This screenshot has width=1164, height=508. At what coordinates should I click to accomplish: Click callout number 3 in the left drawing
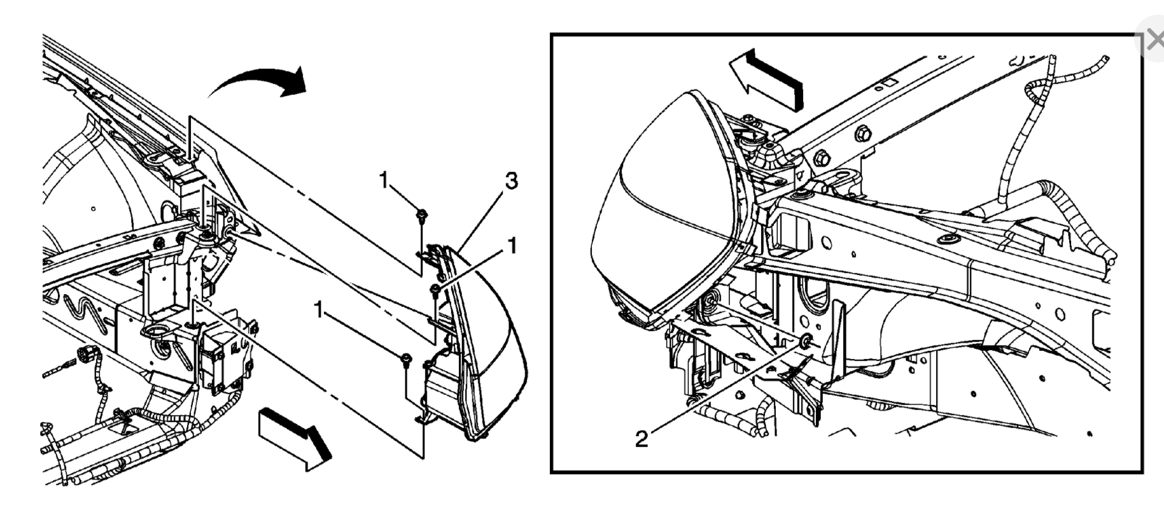[x=510, y=181]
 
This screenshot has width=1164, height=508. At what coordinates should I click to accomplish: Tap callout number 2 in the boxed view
[x=642, y=438]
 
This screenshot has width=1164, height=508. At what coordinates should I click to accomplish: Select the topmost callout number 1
[x=383, y=180]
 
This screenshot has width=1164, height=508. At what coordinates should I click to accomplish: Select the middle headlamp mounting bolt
[x=435, y=291]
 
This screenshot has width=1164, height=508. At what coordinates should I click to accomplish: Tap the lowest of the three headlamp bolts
[x=405, y=360]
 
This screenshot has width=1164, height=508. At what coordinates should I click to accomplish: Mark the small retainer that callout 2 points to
[x=806, y=341]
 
